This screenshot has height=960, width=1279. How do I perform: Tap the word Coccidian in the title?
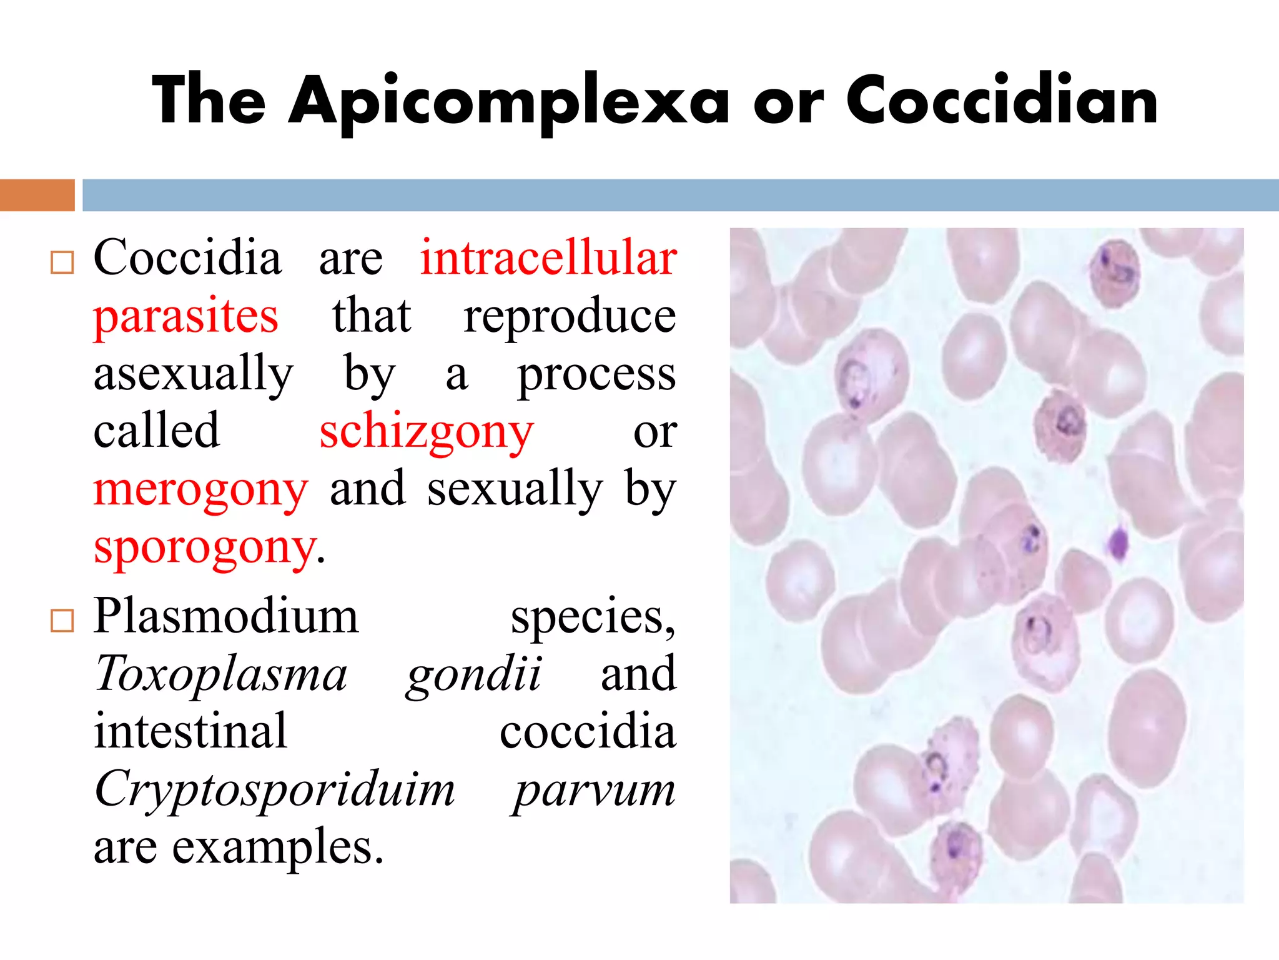tap(1002, 100)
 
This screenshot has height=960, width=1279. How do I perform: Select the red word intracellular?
tap(548, 257)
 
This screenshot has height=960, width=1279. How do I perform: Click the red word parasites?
tap(185, 316)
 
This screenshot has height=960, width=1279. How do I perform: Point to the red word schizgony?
tap(427, 431)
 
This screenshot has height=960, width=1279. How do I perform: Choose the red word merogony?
tap(200, 489)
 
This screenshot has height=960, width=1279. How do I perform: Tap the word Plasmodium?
tap(226, 616)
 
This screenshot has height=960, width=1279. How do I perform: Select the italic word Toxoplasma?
tap(220, 674)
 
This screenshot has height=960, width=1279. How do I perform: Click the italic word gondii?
tap(473, 674)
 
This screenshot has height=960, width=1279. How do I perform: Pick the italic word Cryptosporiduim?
tap(275, 789)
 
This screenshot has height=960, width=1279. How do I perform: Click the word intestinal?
tap(190, 731)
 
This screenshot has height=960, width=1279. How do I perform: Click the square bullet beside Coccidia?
tap(62, 262)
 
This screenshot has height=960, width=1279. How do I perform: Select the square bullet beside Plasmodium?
tap(62, 621)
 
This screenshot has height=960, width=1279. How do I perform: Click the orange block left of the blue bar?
tap(37, 195)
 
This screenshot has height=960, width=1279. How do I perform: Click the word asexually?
tap(193, 374)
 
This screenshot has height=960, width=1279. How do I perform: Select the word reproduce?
tap(569, 316)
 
